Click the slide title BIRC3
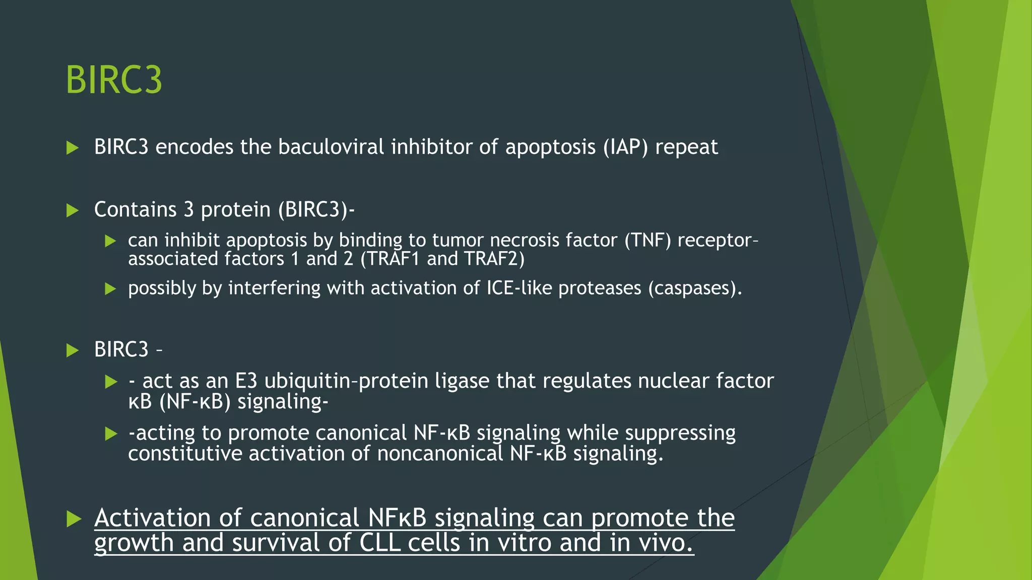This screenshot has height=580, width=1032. click(114, 80)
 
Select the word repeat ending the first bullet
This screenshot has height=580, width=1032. click(686, 147)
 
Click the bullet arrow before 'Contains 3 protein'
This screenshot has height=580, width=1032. click(73, 210)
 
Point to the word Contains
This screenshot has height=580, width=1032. click(136, 209)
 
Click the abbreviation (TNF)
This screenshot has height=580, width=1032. click(648, 240)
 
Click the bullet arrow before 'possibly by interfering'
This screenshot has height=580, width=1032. click(110, 289)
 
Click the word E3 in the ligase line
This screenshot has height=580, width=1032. click(246, 381)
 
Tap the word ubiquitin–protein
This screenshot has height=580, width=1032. click(346, 381)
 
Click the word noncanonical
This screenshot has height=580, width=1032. click(440, 454)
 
